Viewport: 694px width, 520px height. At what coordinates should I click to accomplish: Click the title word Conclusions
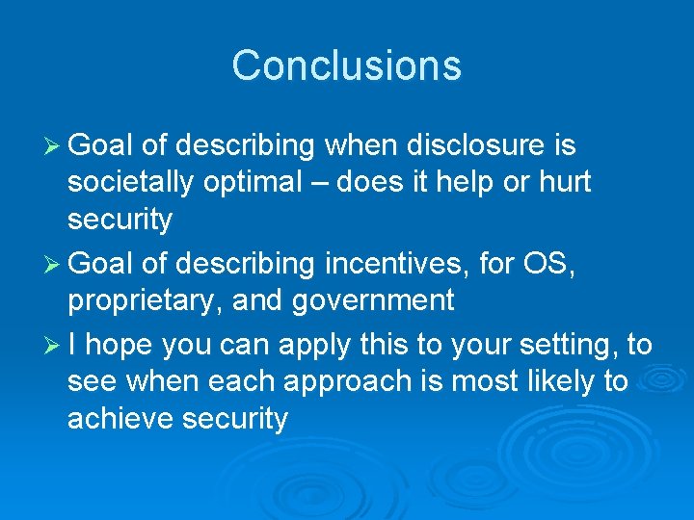coord(347,65)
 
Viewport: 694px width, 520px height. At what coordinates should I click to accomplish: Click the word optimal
coord(255,183)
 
